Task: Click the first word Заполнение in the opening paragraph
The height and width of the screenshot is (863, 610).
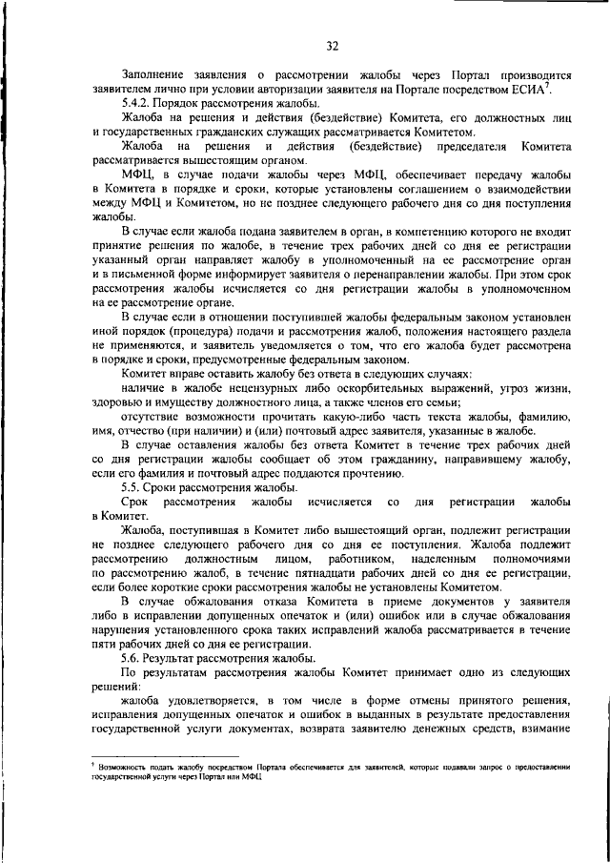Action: click(158, 73)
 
